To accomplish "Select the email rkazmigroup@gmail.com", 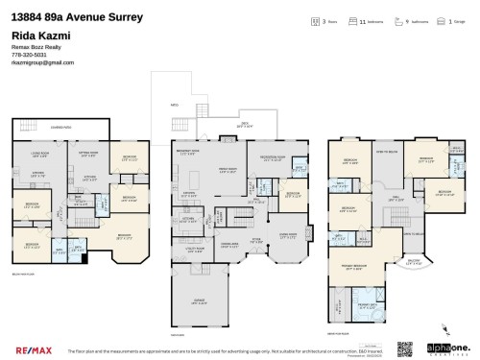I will (42, 62).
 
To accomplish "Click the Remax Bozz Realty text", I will (36, 47).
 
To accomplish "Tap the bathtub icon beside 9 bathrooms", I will (395, 21).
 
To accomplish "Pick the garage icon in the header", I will (439, 21).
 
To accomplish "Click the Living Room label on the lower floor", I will (40, 154).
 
